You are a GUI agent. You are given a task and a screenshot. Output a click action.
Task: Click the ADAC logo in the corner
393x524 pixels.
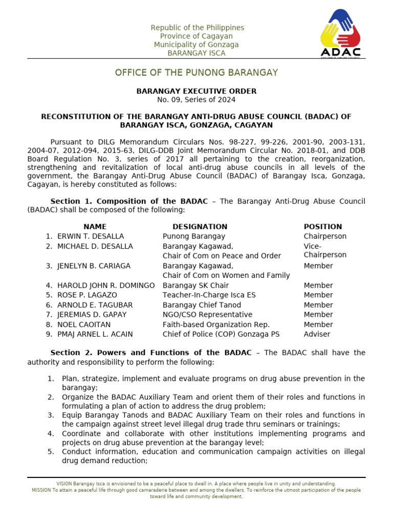coord(340,34)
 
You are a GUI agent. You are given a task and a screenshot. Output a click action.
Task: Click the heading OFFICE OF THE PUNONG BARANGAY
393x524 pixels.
coord(196,73)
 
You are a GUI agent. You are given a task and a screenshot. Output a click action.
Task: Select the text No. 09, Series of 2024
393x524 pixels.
coord(196,100)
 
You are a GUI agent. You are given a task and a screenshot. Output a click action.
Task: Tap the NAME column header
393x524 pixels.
coord(95,227)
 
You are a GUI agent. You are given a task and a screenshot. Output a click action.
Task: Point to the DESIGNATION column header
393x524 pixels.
coord(200,227)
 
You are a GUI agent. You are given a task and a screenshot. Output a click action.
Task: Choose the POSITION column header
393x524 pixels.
coord(323,227)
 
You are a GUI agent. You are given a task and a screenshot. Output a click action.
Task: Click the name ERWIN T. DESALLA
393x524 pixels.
coord(91,236)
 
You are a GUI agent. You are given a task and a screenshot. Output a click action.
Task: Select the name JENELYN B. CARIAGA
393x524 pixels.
coord(94,266)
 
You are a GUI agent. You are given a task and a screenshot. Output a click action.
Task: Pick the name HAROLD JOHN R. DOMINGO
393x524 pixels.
coord(106,286)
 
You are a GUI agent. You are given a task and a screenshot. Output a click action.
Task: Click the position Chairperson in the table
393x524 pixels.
coord(325,236)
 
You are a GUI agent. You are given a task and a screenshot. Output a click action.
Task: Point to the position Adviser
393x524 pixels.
coord(317,334)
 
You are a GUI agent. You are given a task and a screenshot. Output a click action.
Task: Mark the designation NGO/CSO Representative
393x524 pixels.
coord(207,315)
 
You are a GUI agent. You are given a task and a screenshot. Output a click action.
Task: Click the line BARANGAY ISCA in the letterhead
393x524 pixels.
coord(196,53)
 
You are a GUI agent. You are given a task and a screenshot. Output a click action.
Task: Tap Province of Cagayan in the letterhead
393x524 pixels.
coord(196,36)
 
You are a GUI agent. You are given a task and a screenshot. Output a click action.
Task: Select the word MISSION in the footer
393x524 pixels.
coord(41,490)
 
